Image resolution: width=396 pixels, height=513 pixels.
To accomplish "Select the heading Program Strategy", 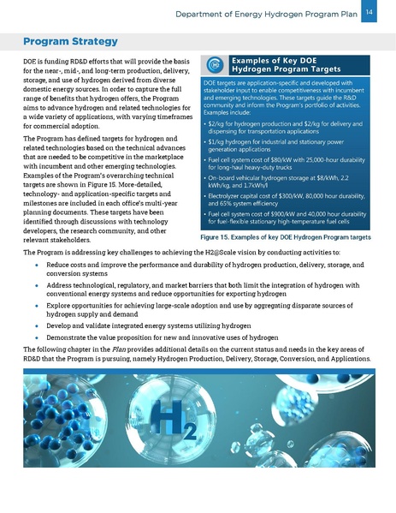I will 71,41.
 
